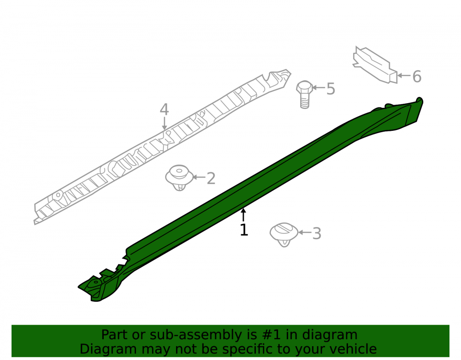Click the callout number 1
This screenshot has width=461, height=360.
(244, 230)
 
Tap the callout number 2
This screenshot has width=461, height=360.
(211, 178)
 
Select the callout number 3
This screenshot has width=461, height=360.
(317, 234)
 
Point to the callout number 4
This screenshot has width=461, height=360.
(164, 109)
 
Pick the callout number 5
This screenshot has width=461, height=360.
(331, 89)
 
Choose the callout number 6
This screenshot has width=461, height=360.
(417, 77)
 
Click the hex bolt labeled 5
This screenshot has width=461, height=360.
(304, 94)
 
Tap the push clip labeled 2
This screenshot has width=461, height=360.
(179, 177)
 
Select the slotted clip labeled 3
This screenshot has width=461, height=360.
(284, 235)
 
